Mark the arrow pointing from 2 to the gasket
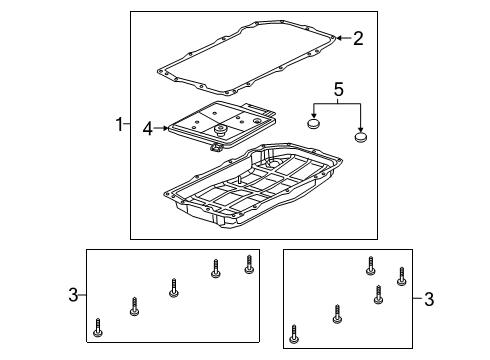pyautogui.click(x=341, y=38)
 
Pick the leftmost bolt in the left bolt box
pyautogui.click(x=98, y=326)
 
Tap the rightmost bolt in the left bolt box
pyautogui.click(x=249, y=264)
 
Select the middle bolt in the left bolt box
pyautogui.click(x=174, y=289)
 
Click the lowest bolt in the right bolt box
pyautogui.click(x=294, y=333)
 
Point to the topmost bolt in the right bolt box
pyautogui.click(x=369, y=265)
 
